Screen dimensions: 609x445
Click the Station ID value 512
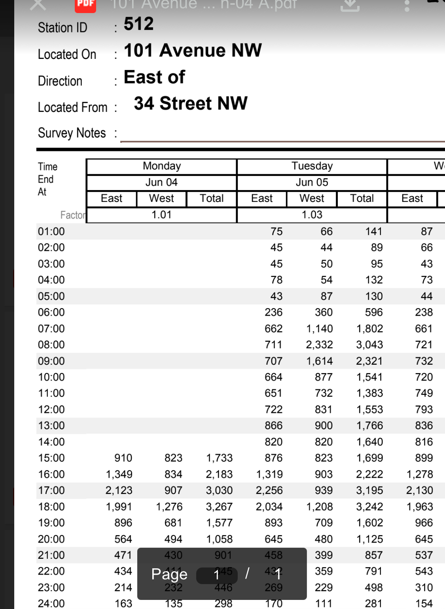click(138, 24)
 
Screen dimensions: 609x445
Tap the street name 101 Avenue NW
click(193, 51)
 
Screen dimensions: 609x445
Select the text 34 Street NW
click(191, 104)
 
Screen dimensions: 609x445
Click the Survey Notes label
click(72, 133)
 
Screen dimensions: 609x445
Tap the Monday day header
click(161, 166)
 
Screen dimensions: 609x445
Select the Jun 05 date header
click(312, 182)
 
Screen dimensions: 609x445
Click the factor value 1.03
click(312, 215)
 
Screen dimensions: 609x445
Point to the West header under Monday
click(161, 198)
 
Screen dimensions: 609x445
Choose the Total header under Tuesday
click(362, 198)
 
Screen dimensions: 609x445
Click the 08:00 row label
click(51, 345)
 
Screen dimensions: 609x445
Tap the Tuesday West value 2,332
click(319, 345)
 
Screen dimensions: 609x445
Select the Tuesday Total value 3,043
click(369, 345)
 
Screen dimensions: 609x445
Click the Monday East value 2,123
click(119, 490)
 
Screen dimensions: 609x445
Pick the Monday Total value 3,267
click(219, 507)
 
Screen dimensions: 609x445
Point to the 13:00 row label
click(51, 426)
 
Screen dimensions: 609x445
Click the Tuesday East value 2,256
click(269, 490)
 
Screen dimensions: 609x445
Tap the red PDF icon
click(85, 5)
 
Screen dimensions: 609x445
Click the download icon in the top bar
click(350, 5)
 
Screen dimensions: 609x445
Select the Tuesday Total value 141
click(373, 232)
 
